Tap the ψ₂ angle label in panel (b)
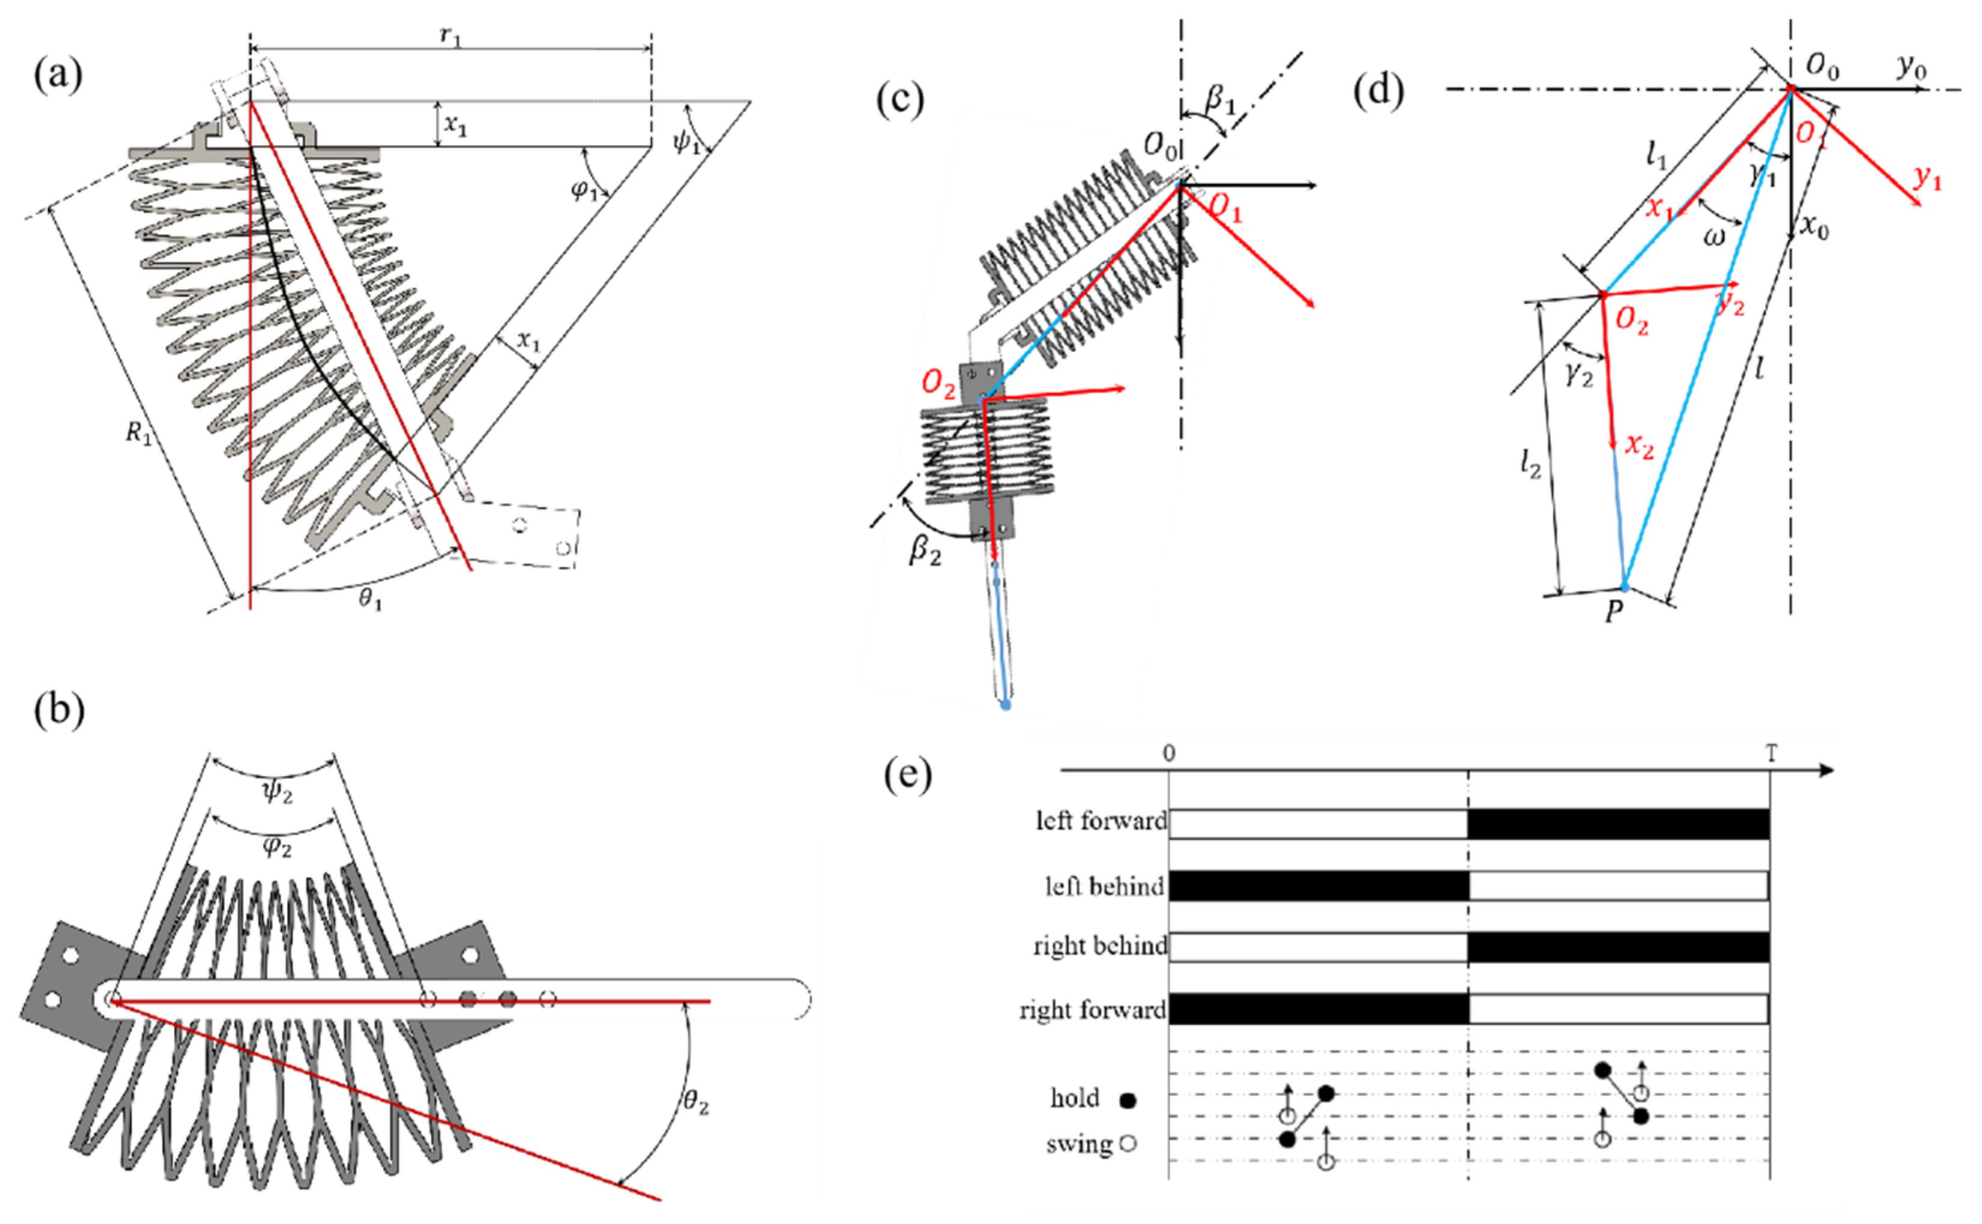[x=277, y=791]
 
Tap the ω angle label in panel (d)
[x=1714, y=237]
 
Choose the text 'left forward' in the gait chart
[x=1102, y=820]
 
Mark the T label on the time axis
[x=1771, y=753]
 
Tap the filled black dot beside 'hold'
[x=1128, y=1100]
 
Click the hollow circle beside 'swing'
[x=1128, y=1143]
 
